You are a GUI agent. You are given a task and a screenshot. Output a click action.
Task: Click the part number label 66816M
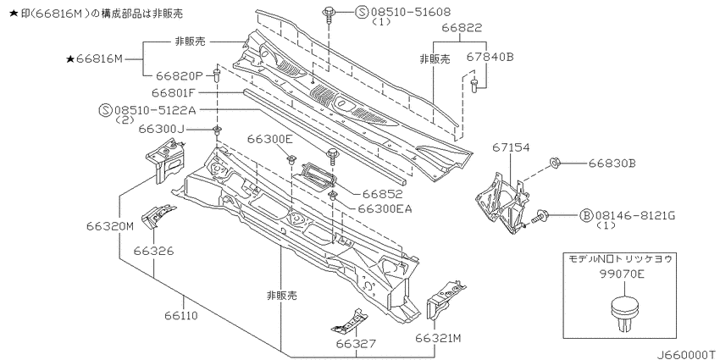coord(100,58)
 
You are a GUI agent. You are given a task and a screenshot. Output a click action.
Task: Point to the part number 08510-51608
coord(410,12)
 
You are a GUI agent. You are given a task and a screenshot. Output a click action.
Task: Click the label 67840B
coord(490,57)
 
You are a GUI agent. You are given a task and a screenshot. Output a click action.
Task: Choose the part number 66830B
coord(609,163)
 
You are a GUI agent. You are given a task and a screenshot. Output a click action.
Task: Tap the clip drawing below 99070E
coord(624,313)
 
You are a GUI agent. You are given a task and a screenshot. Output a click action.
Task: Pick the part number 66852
coord(375,194)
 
